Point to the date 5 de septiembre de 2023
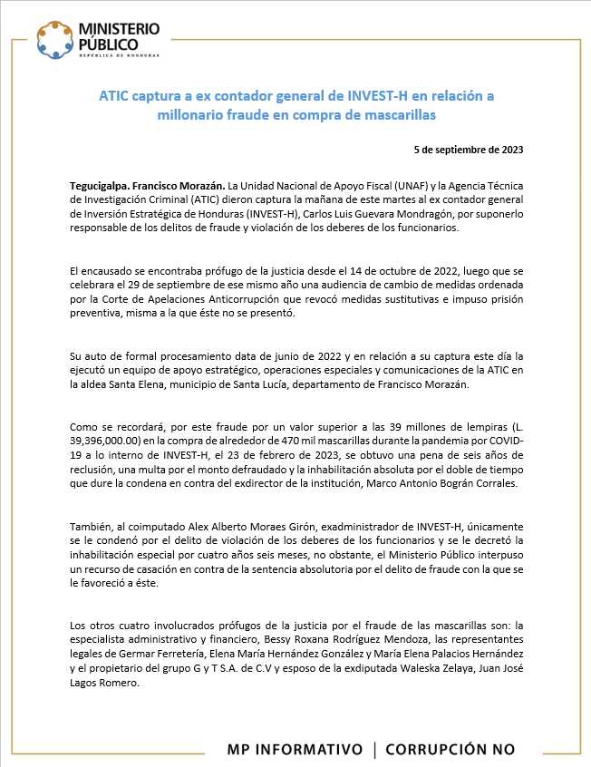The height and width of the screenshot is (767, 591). pyautogui.click(x=468, y=148)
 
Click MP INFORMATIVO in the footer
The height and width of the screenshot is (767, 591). pyautogui.click(x=294, y=749)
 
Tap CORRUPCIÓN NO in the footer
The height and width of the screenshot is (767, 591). pyautogui.click(x=450, y=749)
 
